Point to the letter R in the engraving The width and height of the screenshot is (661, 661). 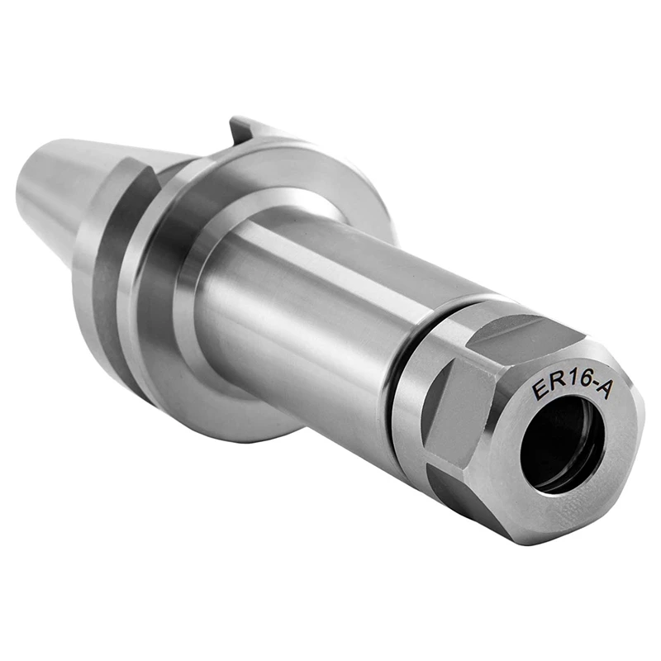point(554,387)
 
